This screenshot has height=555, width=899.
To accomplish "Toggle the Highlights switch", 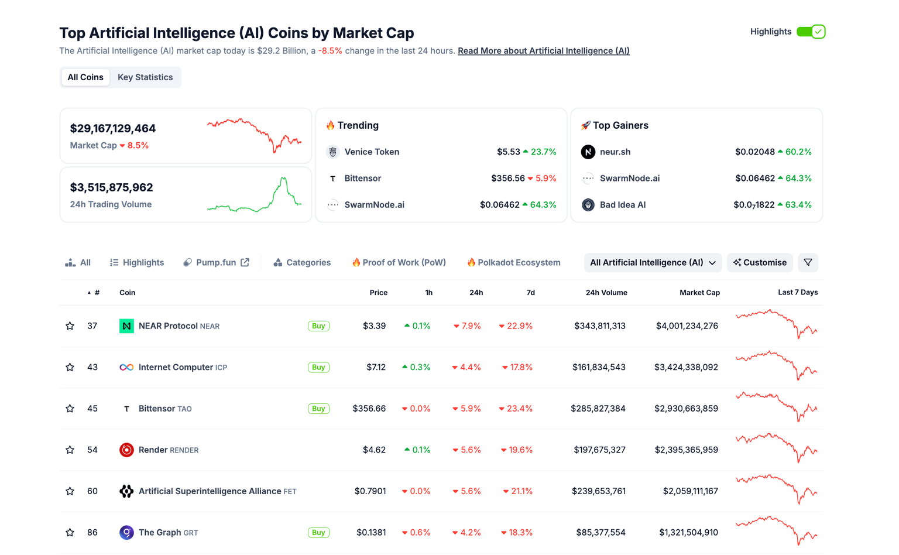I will point(811,32).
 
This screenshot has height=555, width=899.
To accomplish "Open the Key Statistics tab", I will point(145,77).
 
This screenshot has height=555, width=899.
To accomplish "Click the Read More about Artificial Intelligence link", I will point(543,51).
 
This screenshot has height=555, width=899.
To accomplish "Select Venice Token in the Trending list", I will point(372,152).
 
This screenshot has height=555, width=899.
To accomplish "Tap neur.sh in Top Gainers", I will point(615,152).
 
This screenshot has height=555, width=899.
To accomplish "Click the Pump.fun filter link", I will point(216,262).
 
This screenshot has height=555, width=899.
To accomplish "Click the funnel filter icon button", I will point(808,262).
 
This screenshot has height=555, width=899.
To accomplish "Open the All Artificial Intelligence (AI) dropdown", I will point(653,262).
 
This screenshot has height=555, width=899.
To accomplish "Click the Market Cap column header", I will point(699,293).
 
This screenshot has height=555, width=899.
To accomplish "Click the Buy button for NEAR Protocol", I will point(318,326).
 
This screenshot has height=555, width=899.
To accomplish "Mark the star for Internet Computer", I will point(70,367).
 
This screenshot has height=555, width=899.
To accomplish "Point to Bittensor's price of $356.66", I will point(369,409).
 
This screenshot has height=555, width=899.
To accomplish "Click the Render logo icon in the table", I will point(126,450).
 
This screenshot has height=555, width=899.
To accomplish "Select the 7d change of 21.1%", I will point(518,491).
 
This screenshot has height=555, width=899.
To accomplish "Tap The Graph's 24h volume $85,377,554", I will point(601,532).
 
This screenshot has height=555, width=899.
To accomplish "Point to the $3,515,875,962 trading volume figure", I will point(111,187).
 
